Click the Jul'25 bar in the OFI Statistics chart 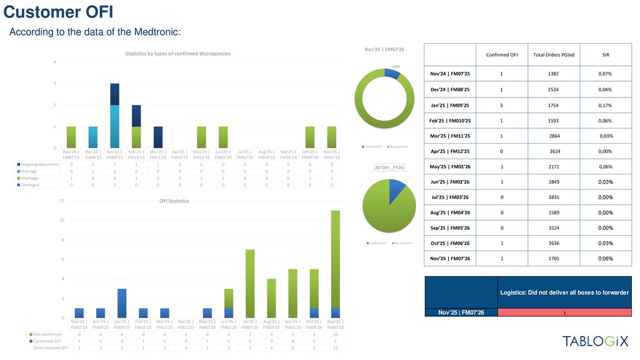click(x=250, y=284)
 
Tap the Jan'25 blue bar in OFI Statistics click(x=122, y=303)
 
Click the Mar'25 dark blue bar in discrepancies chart click(x=158, y=137)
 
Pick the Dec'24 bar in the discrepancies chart click(x=92, y=137)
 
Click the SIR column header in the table click(x=606, y=54)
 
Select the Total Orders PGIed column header click(x=553, y=54)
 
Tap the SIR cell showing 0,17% click(x=606, y=105)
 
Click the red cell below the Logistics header click(x=564, y=312)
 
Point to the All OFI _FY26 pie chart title click(x=389, y=167)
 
